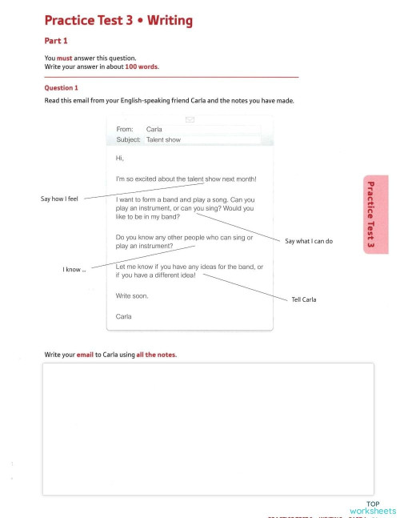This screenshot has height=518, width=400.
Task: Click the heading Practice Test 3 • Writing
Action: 118,20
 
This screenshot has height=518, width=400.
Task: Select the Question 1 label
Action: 62,87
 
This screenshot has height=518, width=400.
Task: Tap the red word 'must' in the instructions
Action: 64,58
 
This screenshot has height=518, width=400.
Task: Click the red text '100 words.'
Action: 142,66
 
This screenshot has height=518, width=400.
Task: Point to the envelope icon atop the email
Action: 190,119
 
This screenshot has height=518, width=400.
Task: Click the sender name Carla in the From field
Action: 154,128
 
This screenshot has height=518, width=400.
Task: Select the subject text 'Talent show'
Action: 163,139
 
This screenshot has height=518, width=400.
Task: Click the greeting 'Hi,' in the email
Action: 120,158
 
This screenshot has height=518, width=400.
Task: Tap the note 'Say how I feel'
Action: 60,198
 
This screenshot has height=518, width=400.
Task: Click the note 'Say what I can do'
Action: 309,241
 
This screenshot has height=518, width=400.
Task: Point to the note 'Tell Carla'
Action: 304,299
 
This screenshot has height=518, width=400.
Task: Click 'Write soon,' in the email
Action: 132,296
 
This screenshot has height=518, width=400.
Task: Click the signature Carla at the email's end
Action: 124,316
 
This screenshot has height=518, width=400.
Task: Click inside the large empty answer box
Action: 207,428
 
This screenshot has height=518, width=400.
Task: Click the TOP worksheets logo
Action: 373,508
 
